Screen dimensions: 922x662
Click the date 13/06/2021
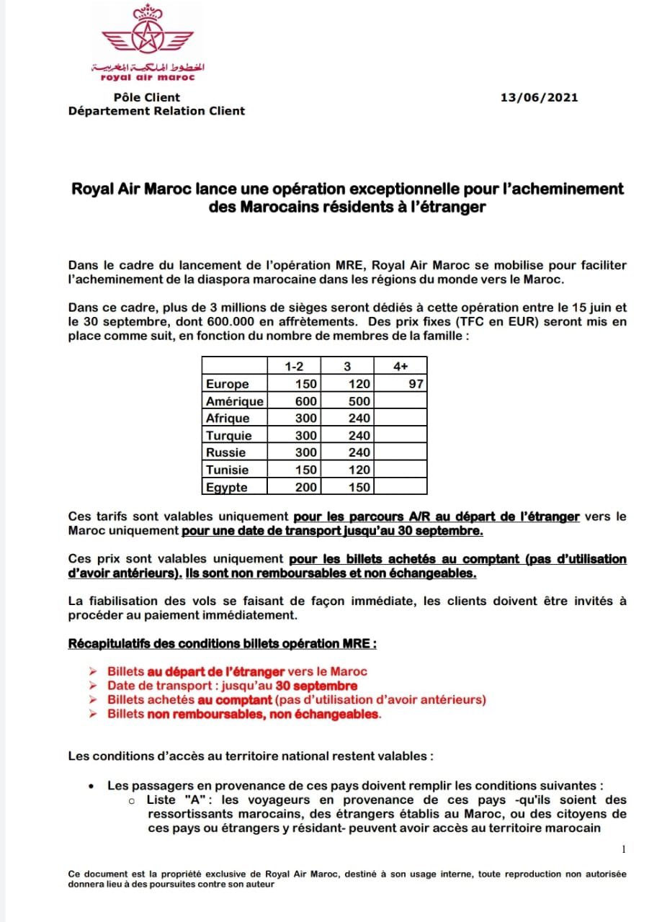(539, 98)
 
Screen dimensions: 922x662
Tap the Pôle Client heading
(147, 97)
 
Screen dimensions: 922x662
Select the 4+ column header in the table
(401, 366)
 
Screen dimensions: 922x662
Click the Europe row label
(227, 384)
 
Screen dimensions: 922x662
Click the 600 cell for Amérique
(306, 401)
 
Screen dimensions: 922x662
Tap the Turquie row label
(228, 436)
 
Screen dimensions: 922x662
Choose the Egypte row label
(226, 488)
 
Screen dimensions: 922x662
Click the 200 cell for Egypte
(306, 488)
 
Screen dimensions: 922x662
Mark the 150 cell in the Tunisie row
(306, 470)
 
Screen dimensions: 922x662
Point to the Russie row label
(225, 453)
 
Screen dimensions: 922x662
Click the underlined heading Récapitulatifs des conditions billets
(222, 643)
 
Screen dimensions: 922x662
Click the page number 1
(623, 850)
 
